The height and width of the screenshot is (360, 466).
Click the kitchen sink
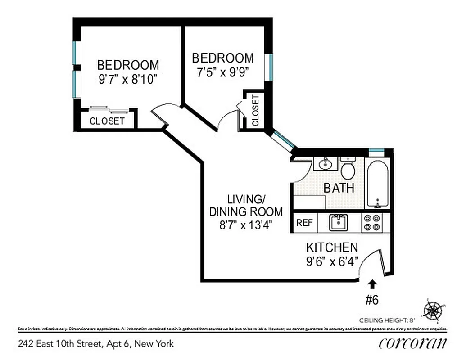pos(338,222)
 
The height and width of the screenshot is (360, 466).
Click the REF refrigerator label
pos(304,223)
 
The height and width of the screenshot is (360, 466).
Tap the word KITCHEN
pos(332,247)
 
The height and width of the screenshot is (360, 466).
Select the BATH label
pos(339,188)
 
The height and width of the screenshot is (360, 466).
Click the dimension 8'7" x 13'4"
pos(246,225)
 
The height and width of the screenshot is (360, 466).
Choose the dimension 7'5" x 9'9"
pos(222,72)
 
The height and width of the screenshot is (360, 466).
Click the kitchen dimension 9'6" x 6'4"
pos(332,261)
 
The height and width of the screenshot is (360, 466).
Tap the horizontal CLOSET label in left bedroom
pos(107,121)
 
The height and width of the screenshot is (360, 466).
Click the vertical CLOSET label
pos(255,111)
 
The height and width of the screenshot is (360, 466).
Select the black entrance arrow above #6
pos(372,284)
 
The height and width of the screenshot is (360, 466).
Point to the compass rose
pos(433,310)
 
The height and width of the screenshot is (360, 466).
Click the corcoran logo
pos(412,343)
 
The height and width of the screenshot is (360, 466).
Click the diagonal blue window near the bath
pos(284,139)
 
